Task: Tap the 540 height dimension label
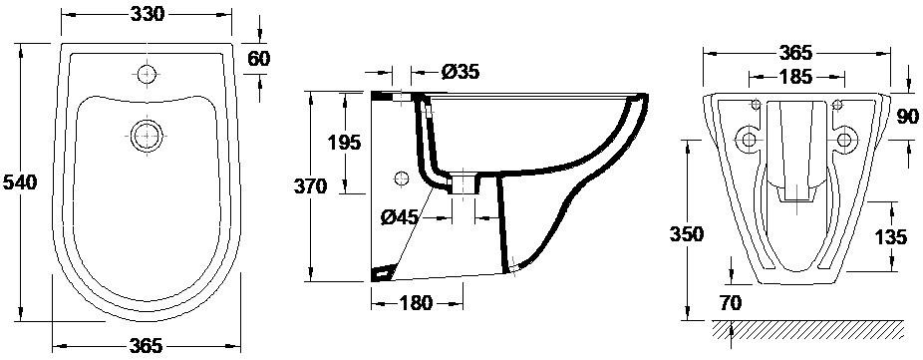[20, 182]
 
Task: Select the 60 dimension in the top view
[259, 59]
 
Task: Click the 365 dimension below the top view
[146, 346]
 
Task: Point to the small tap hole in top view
[148, 74]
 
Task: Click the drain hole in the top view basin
[146, 136]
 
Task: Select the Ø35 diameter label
[460, 72]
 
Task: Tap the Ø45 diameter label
[400, 218]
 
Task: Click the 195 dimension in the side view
[343, 143]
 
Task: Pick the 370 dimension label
[311, 186]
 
